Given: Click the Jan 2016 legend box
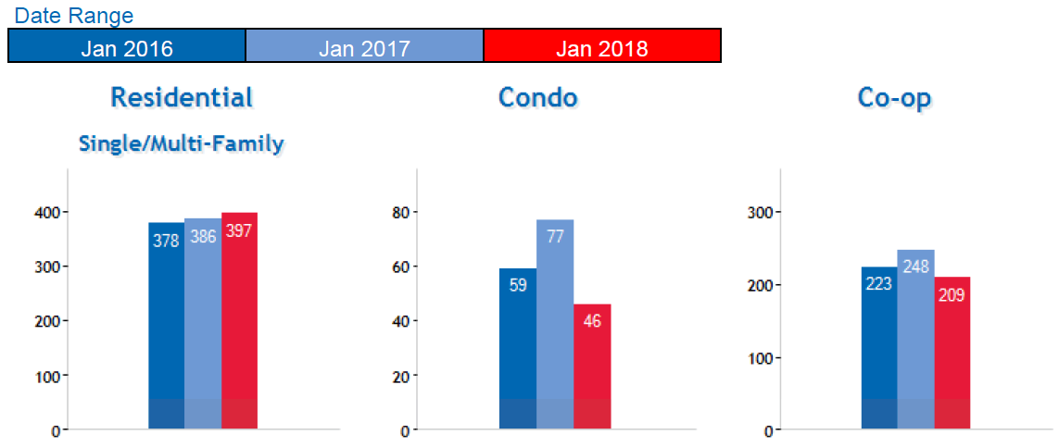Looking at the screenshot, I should click(x=127, y=46).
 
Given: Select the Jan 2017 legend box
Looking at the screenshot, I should click(x=364, y=46).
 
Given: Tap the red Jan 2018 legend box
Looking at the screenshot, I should click(x=602, y=46).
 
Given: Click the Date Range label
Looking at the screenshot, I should click(x=74, y=16).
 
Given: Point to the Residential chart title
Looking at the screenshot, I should click(x=182, y=97).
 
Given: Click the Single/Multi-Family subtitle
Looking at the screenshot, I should click(x=182, y=143).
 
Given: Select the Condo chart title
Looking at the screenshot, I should click(x=537, y=97).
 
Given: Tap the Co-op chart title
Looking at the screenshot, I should click(x=894, y=97).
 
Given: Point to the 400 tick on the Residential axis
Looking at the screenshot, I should click(x=48, y=212).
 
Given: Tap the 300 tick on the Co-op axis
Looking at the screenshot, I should click(x=760, y=212).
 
